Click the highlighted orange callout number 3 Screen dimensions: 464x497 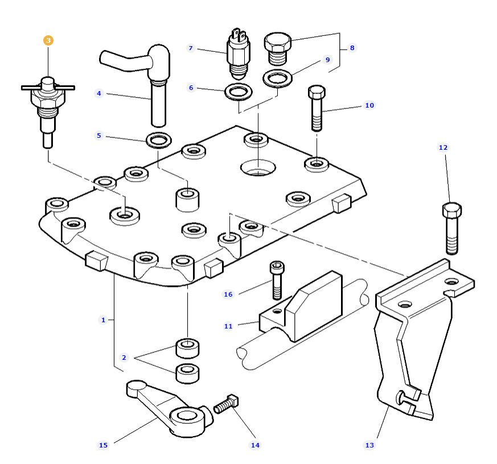(x=48, y=40)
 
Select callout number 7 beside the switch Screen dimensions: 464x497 (x=191, y=48)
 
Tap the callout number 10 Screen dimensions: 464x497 (x=369, y=105)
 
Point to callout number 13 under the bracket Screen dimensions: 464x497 (x=369, y=445)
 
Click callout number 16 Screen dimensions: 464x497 (x=228, y=294)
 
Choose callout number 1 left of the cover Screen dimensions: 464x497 (x=103, y=320)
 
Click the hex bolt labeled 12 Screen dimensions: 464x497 (x=451, y=228)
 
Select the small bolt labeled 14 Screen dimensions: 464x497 (x=227, y=405)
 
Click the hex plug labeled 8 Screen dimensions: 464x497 (x=278, y=46)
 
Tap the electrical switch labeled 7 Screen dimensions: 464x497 (x=236, y=55)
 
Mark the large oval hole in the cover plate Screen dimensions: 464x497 (x=257, y=167)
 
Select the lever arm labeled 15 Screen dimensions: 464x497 (x=171, y=410)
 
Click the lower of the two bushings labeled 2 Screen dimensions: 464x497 (x=187, y=373)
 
